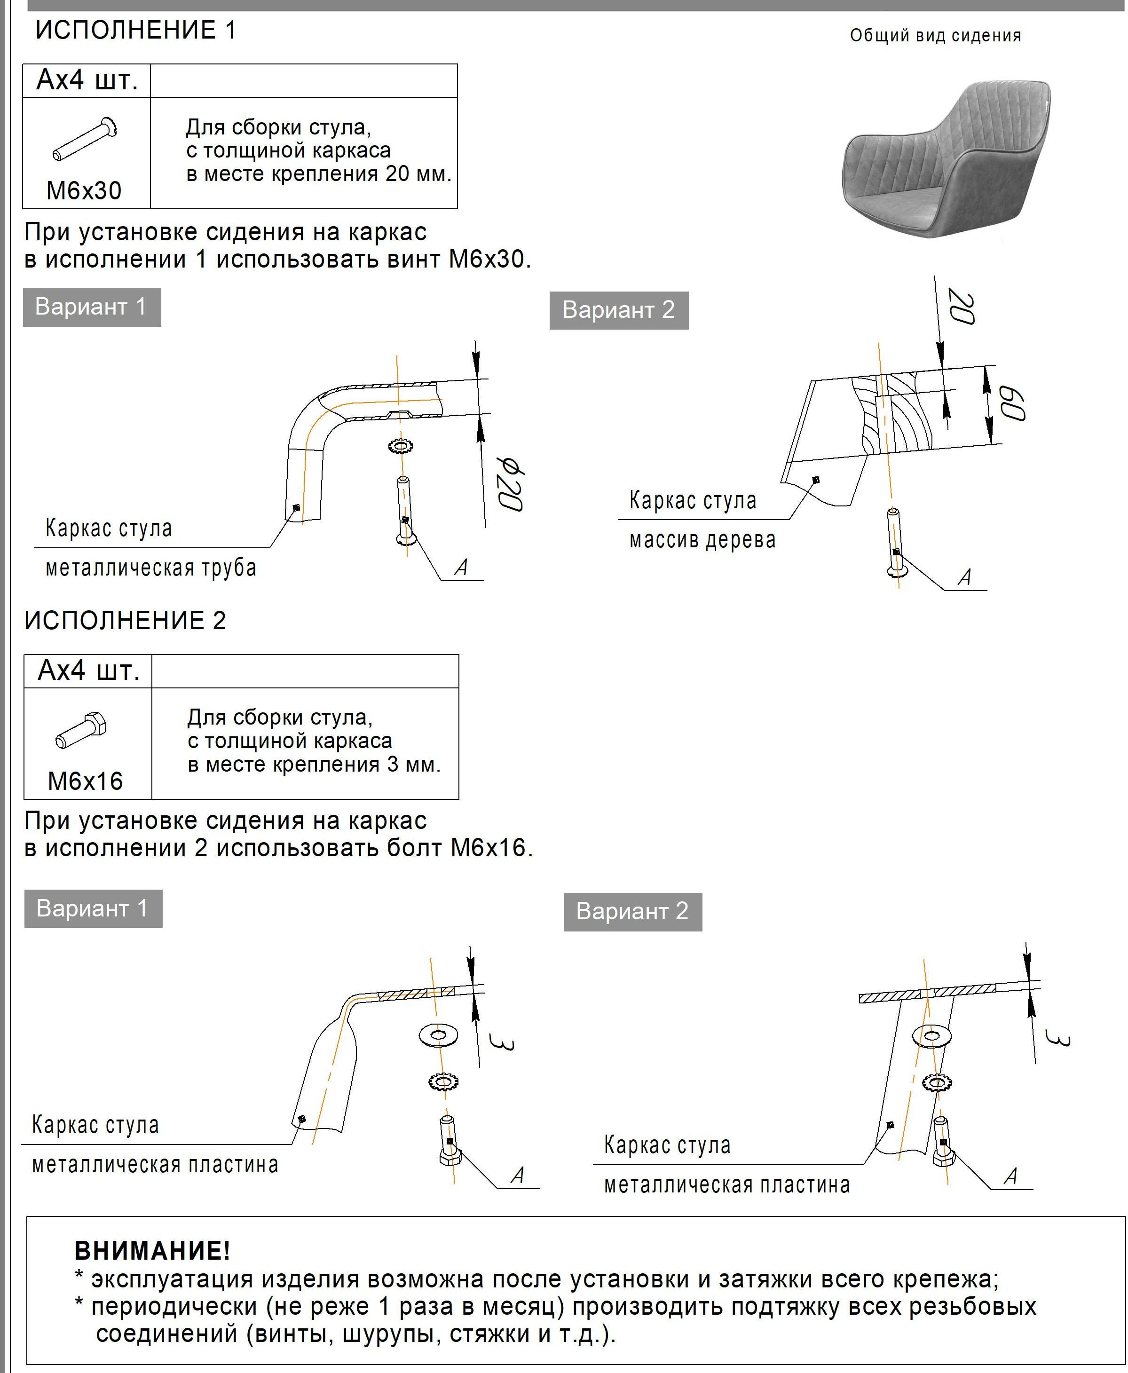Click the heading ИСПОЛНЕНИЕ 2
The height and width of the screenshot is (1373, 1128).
click(125, 621)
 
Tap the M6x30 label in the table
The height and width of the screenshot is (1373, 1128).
click(84, 191)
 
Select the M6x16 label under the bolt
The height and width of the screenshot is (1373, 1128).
click(85, 781)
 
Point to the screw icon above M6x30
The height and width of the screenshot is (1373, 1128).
click(85, 138)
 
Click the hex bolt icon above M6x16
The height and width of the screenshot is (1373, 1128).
click(82, 730)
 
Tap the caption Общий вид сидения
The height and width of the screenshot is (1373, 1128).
click(935, 36)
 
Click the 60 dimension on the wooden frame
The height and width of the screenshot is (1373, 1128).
click(1012, 403)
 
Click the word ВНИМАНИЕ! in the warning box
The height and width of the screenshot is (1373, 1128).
click(152, 1251)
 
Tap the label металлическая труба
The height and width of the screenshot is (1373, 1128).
click(151, 568)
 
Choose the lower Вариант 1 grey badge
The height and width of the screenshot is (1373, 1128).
click(93, 908)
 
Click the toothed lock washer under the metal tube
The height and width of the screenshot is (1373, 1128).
click(400, 446)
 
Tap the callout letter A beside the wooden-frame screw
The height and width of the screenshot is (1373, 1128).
click(965, 577)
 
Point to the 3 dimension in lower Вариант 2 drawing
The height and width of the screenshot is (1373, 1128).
click(1057, 1038)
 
